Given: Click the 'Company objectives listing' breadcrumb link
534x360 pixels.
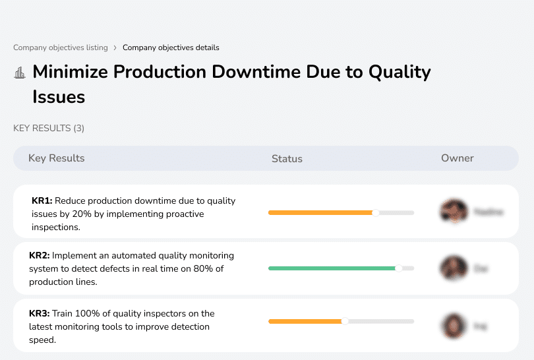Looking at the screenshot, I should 60,47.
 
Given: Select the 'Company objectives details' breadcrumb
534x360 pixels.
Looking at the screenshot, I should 171,47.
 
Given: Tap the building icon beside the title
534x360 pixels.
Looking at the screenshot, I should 20,73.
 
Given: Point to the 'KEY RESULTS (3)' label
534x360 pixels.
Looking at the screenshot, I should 49,128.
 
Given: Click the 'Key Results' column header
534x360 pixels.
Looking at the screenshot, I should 56,158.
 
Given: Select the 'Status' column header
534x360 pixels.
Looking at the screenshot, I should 287,158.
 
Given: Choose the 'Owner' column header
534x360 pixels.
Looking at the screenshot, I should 458,158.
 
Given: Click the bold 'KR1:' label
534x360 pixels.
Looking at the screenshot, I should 42,200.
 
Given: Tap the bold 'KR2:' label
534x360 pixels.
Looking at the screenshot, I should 40,255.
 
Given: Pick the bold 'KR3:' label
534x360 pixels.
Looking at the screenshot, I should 40,313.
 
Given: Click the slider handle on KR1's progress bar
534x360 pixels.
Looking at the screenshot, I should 376,212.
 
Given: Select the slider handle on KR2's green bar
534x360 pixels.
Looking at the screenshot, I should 398,268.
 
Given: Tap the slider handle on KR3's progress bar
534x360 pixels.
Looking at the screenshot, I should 344,321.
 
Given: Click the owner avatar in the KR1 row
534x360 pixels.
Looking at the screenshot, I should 454,212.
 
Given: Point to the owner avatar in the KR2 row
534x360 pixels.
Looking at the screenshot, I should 454,268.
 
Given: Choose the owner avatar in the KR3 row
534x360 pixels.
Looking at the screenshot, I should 454,325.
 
